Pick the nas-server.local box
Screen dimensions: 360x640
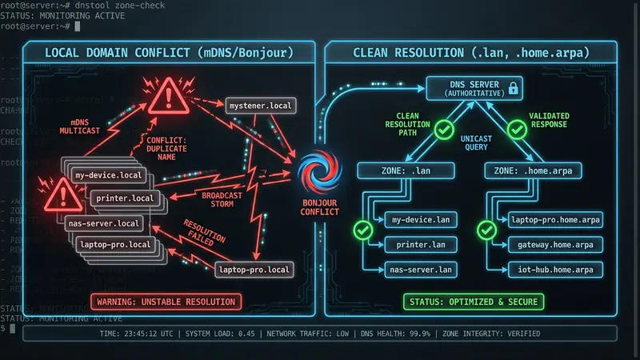pos(103,222)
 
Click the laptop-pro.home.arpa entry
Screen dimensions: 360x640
pos(554,218)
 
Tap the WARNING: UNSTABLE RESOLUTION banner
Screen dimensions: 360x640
pos(166,302)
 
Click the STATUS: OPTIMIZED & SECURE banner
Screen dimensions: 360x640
pos(472,302)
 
